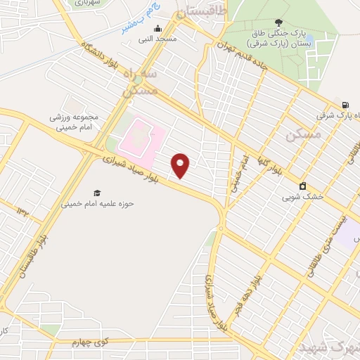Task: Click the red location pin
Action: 181,165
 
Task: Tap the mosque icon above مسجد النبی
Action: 157,29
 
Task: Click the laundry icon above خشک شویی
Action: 302,186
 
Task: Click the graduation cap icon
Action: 97,193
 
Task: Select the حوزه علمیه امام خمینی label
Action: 97,204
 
